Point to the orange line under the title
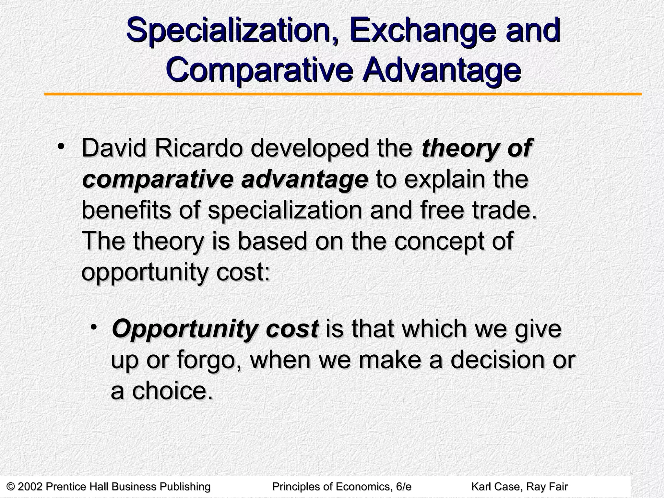343,94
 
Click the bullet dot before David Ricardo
60,147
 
